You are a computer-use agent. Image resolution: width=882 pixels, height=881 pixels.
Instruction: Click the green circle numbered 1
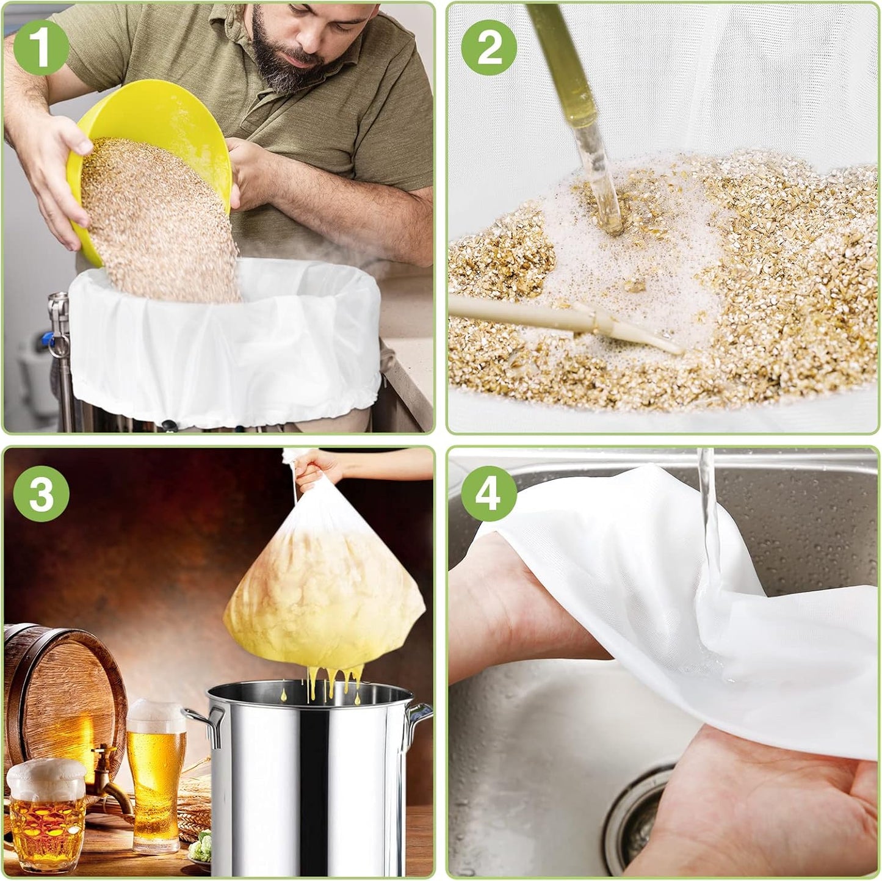tap(41, 47)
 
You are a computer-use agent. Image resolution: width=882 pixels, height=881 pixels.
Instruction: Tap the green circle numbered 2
tap(489, 47)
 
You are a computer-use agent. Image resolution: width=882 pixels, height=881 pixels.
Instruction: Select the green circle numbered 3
tap(41, 493)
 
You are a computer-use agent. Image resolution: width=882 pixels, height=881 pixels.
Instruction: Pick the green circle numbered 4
tap(489, 493)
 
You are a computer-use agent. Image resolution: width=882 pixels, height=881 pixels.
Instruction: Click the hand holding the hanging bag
tap(317, 467)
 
